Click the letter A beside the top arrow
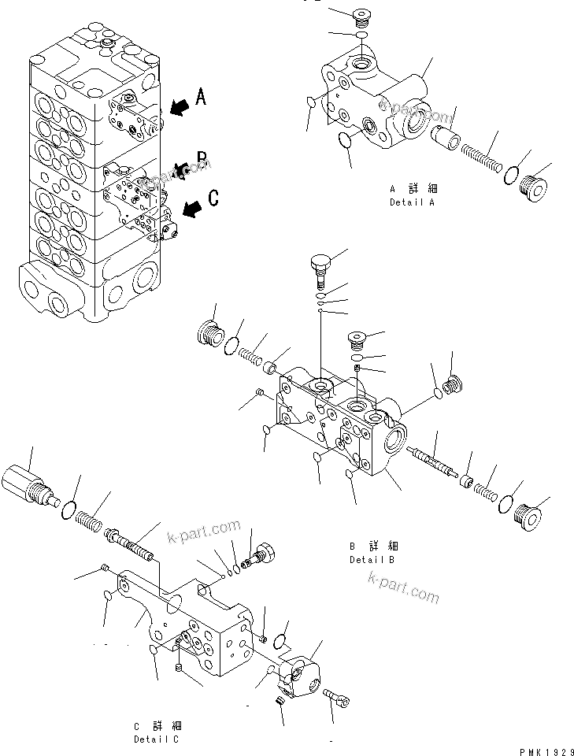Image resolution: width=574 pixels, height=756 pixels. (x=201, y=97)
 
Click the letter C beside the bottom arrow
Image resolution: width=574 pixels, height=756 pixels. (x=213, y=197)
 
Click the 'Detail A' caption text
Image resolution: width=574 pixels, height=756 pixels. (x=412, y=196)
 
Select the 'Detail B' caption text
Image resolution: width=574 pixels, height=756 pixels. (x=372, y=553)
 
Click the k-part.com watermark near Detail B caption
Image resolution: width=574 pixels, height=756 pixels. (x=403, y=587)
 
